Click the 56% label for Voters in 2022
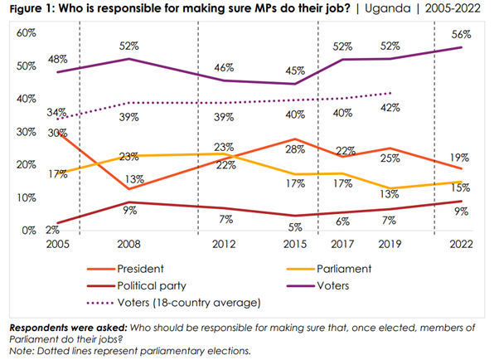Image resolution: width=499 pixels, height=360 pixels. (x=462, y=35)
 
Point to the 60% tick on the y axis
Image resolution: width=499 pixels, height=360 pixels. (x=28, y=33)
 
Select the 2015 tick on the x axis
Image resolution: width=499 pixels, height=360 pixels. (x=294, y=246)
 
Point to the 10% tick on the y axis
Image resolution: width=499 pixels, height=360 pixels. (x=28, y=197)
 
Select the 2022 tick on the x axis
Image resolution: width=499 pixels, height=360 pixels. (x=462, y=246)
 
